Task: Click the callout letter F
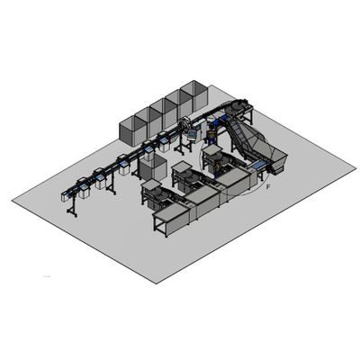pyautogui.click(x=268, y=187)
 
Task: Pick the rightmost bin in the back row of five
pyautogui.click(x=194, y=95)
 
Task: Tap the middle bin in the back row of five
pyautogui.click(x=164, y=113)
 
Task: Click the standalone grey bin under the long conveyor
pyautogui.click(x=153, y=168)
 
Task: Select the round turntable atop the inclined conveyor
pyautogui.click(x=236, y=107)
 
